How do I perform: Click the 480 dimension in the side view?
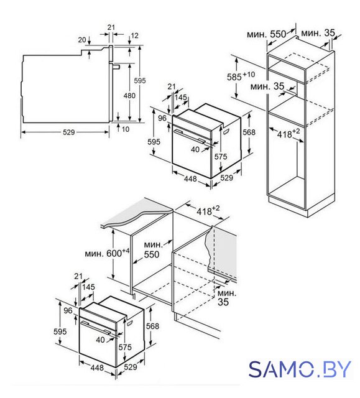point(129,96)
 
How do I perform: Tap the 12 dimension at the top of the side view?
point(135,35)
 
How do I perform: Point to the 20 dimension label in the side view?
point(81,40)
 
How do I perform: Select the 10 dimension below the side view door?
point(126,129)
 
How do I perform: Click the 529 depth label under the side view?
point(69,132)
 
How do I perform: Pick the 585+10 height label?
point(241,76)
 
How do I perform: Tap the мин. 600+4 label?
point(107,253)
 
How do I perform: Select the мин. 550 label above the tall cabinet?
point(266,34)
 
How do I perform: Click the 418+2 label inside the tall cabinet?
point(288,133)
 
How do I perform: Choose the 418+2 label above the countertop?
point(208,210)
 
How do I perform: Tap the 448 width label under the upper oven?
point(190,178)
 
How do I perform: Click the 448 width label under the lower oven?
point(97,368)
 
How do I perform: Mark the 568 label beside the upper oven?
point(249,132)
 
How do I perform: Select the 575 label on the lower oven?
point(125,347)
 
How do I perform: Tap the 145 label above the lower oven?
point(88,287)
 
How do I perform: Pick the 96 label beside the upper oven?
point(162,118)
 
